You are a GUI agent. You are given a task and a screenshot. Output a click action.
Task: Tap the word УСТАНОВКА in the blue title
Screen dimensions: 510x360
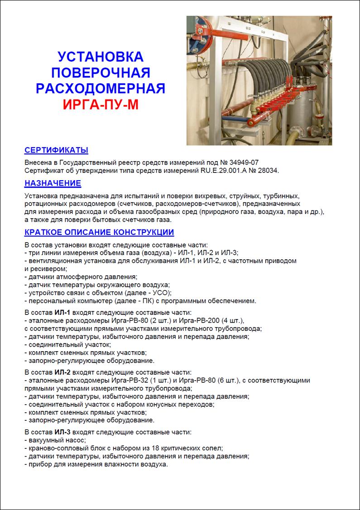101,57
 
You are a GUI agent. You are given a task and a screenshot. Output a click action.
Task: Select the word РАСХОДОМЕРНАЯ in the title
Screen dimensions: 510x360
101,88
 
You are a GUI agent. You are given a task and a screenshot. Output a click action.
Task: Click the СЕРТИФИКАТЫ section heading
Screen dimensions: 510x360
56,150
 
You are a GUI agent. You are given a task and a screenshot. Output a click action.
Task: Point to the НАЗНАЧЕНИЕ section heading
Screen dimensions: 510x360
53,183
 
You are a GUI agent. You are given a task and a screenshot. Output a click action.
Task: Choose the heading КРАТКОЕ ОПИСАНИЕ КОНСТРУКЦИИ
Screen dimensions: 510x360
99,233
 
